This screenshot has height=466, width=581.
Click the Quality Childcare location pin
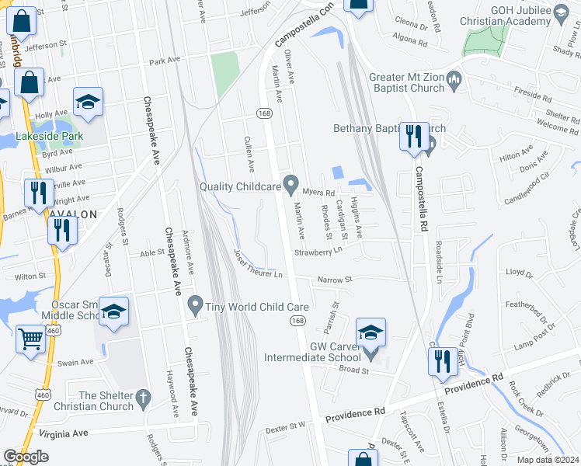tap(291, 185)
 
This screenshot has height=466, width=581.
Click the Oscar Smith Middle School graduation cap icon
tap(113, 312)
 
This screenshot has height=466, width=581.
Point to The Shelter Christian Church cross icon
tap(141, 400)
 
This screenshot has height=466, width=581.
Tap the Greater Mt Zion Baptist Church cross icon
tap(455, 78)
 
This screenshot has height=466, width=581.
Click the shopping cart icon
tap(30, 338)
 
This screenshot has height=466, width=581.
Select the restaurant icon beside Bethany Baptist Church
tap(412, 137)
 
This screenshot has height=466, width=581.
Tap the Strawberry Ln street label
tap(318, 252)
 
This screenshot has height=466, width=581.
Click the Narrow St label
tap(335, 280)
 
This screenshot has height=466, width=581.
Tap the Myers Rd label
tap(318, 192)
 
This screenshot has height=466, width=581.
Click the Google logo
tap(26, 457)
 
